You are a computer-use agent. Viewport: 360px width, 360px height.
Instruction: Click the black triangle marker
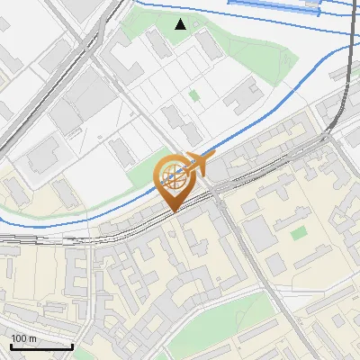pos(181,24)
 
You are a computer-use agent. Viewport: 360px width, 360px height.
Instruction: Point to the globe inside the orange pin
pos(172,171)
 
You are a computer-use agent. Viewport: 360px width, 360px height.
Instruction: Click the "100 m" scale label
pos(24,338)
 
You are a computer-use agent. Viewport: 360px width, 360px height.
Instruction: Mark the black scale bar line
pos(41,346)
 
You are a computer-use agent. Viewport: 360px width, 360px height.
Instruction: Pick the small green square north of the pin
pos(194,94)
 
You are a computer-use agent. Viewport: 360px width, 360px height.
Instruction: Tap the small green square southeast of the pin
pos(297,232)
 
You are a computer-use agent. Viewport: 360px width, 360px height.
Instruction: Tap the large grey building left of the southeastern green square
pos(260,235)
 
